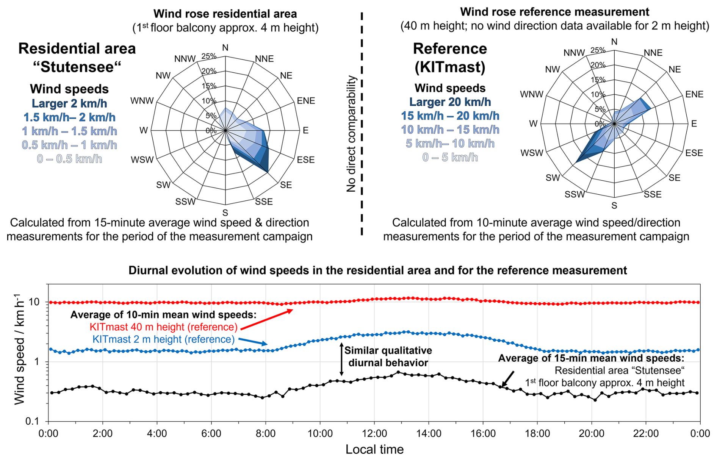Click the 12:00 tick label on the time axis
(x=374, y=433)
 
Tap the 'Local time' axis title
(x=374, y=449)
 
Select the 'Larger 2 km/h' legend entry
(x=69, y=103)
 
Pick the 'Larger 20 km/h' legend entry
(x=450, y=102)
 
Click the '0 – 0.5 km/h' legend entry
(x=69, y=159)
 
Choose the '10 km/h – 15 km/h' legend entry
(x=450, y=130)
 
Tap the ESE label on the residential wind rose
(x=305, y=160)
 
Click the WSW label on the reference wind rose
(x=532, y=153)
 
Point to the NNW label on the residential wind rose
(x=185, y=59)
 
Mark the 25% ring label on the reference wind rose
(x=598, y=50)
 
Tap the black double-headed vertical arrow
(x=341, y=359)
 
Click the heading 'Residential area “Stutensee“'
(x=77, y=58)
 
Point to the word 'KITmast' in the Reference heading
(x=450, y=67)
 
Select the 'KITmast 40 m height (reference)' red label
(x=163, y=327)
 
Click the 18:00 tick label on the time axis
(x=537, y=433)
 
